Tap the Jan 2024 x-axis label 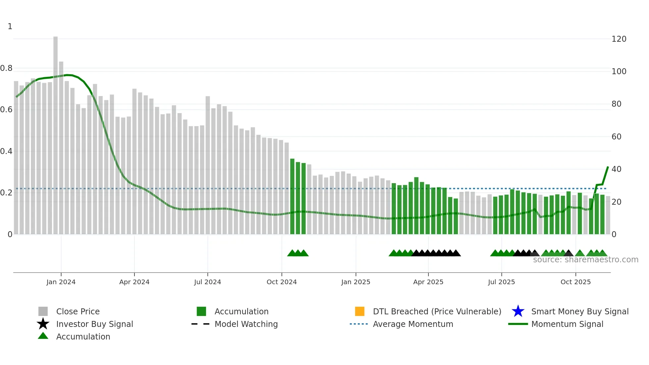[x=61, y=282]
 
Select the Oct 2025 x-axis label [x=575, y=282]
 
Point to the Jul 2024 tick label [x=208, y=282]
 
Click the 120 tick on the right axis [x=619, y=39]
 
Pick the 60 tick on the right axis [x=616, y=136]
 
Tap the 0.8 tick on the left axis [x=6, y=68]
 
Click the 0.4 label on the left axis [x=6, y=151]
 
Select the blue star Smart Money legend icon [x=518, y=311]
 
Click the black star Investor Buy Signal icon [x=43, y=324]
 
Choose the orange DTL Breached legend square [x=360, y=311]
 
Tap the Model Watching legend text [x=246, y=324]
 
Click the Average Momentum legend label [x=413, y=324]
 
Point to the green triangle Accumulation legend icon [x=43, y=336]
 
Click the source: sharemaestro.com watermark [x=585, y=260]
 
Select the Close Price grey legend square [x=43, y=311]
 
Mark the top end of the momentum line [x=608, y=167]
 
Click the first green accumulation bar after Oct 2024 [x=292, y=196]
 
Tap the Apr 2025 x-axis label [x=428, y=282]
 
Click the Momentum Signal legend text [x=567, y=324]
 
